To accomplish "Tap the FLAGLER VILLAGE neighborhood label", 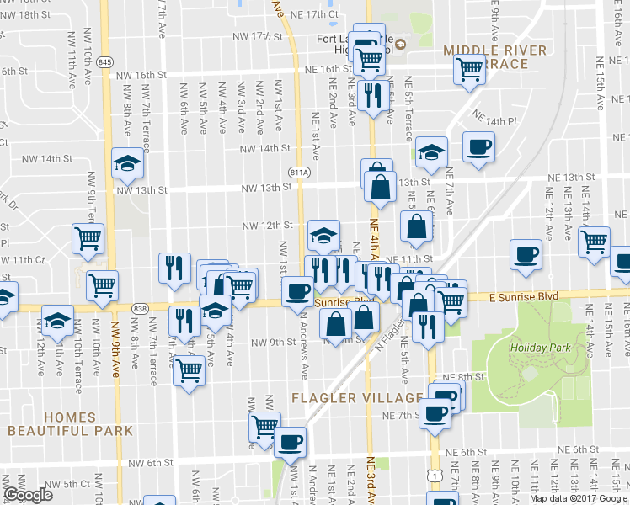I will coord(357,398).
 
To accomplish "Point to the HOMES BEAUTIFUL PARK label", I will coord(71,424).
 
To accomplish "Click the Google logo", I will coord(29,495).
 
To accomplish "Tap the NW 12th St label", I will coord(267,226).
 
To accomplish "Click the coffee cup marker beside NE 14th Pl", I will coord(478,148).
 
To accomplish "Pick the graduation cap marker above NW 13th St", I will coord(127,162).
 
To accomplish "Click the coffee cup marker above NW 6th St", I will coord(291,441).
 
